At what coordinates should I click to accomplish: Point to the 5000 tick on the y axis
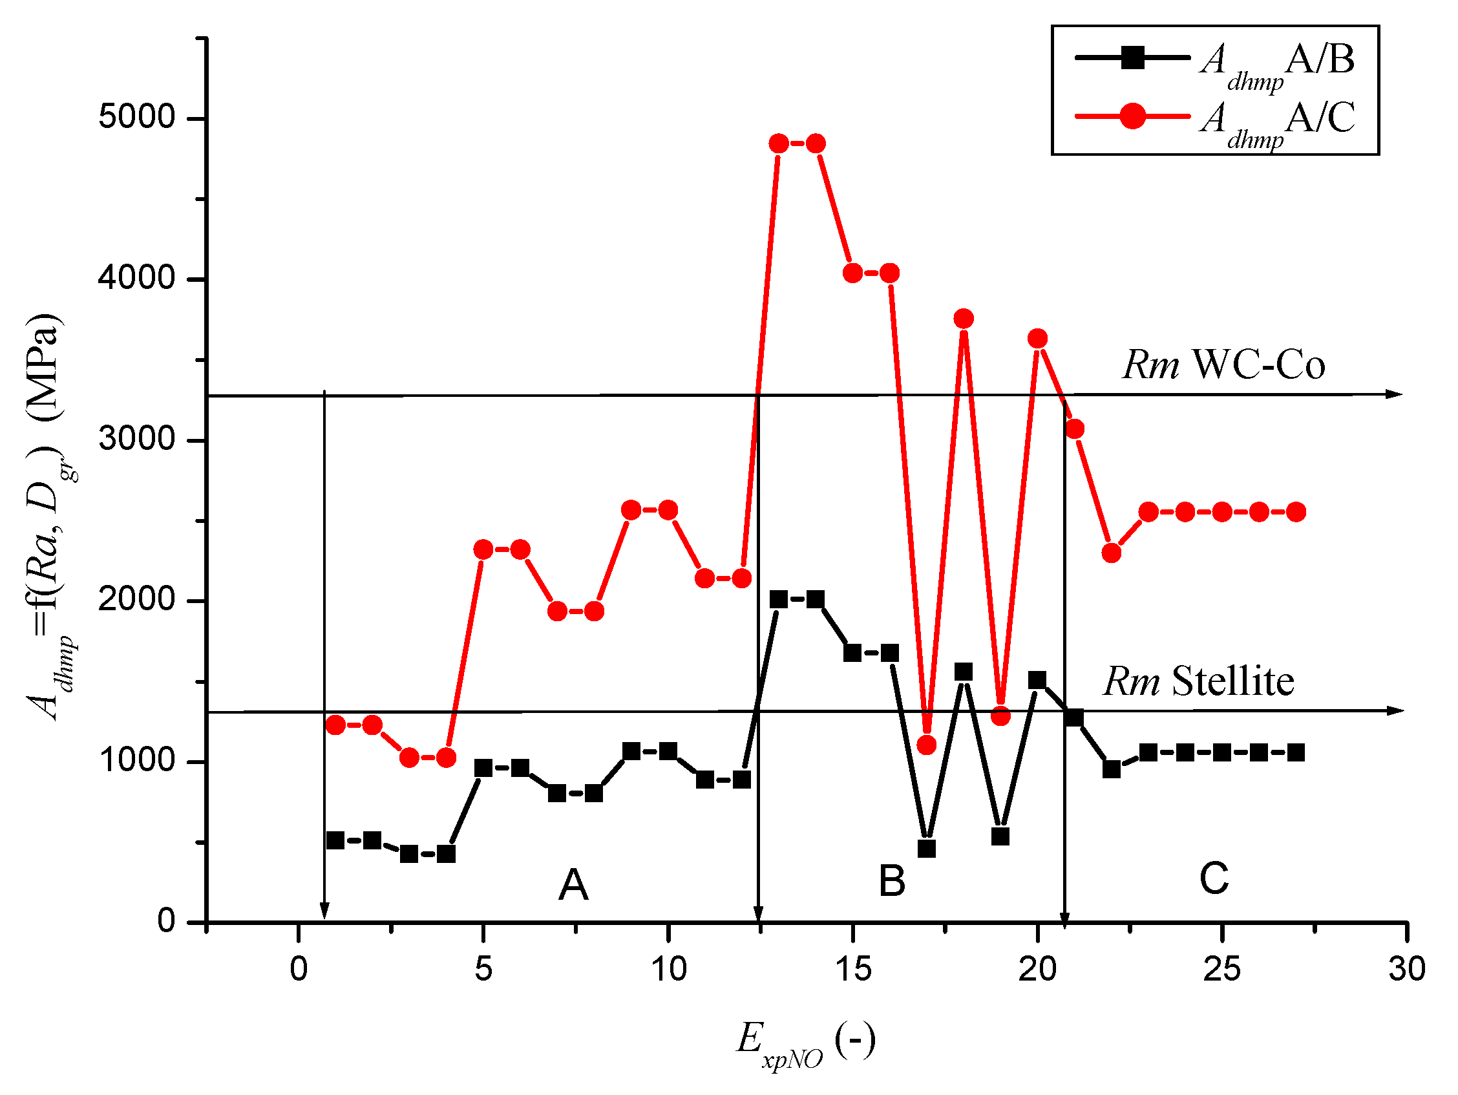pyautogui.click(x=136, y=118)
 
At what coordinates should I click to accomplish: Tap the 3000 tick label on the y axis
pyautogui.click(x=136, y=439)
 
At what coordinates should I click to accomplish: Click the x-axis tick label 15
pyautogui.click(x=852, y=969)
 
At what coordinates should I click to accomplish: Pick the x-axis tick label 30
pyautogui.click(x=1406, y=969)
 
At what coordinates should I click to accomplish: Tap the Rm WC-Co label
pyautogui.click(x=1223, y=365)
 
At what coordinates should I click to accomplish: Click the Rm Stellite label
pyautogui.click(x=1198, y=681)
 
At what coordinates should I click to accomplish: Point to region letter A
pyautogui.click(x=573, y=885)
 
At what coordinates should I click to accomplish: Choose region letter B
pyautogui.click(x=892, y=881)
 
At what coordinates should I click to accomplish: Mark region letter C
pyautogui.click(x=1214, y=878)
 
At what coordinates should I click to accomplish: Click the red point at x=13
pyautogui.click(x=778, y=144)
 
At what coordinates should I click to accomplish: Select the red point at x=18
pyautogui.click(x=963, y=319)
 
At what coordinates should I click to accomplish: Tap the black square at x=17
pyautogui.click(x=926, y=849)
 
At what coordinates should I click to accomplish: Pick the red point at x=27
pyautogui.click(x=1296, y=512)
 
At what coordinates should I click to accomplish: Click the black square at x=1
pyautogui.click(x=335, y=840)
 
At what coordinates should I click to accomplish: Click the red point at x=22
pyautogui.click(x=1112, y=553)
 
